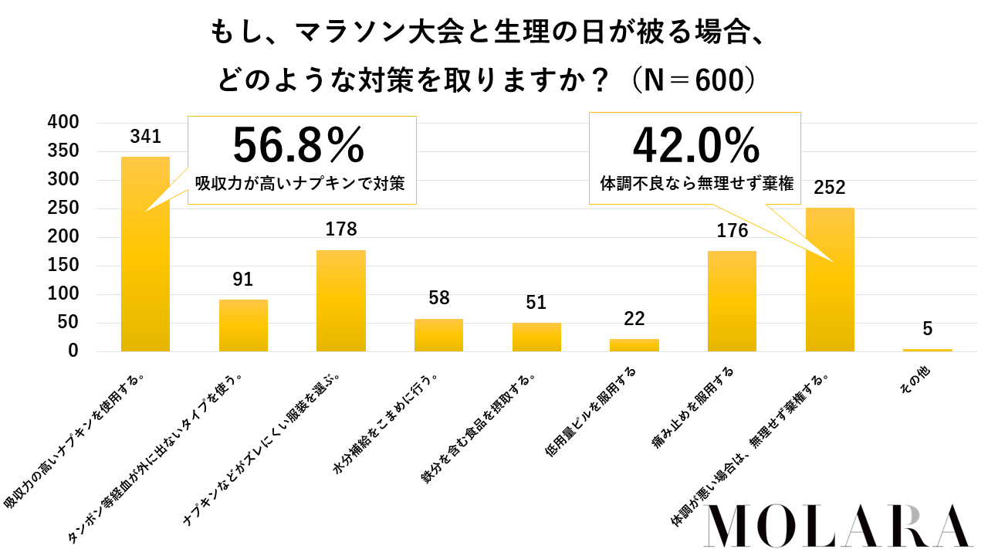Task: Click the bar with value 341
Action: tap(145, 255)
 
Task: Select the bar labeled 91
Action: tap(243, 326)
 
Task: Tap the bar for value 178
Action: tap(340, 301)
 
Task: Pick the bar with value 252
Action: tap(830, 280)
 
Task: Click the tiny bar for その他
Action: tap(927, 350)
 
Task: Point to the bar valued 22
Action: tap(634, 345)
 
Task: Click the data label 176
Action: tap(732, 231)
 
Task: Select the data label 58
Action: tap(438, 298)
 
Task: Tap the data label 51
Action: tap(536, 302)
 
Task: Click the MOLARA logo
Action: tap(838, 527)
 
